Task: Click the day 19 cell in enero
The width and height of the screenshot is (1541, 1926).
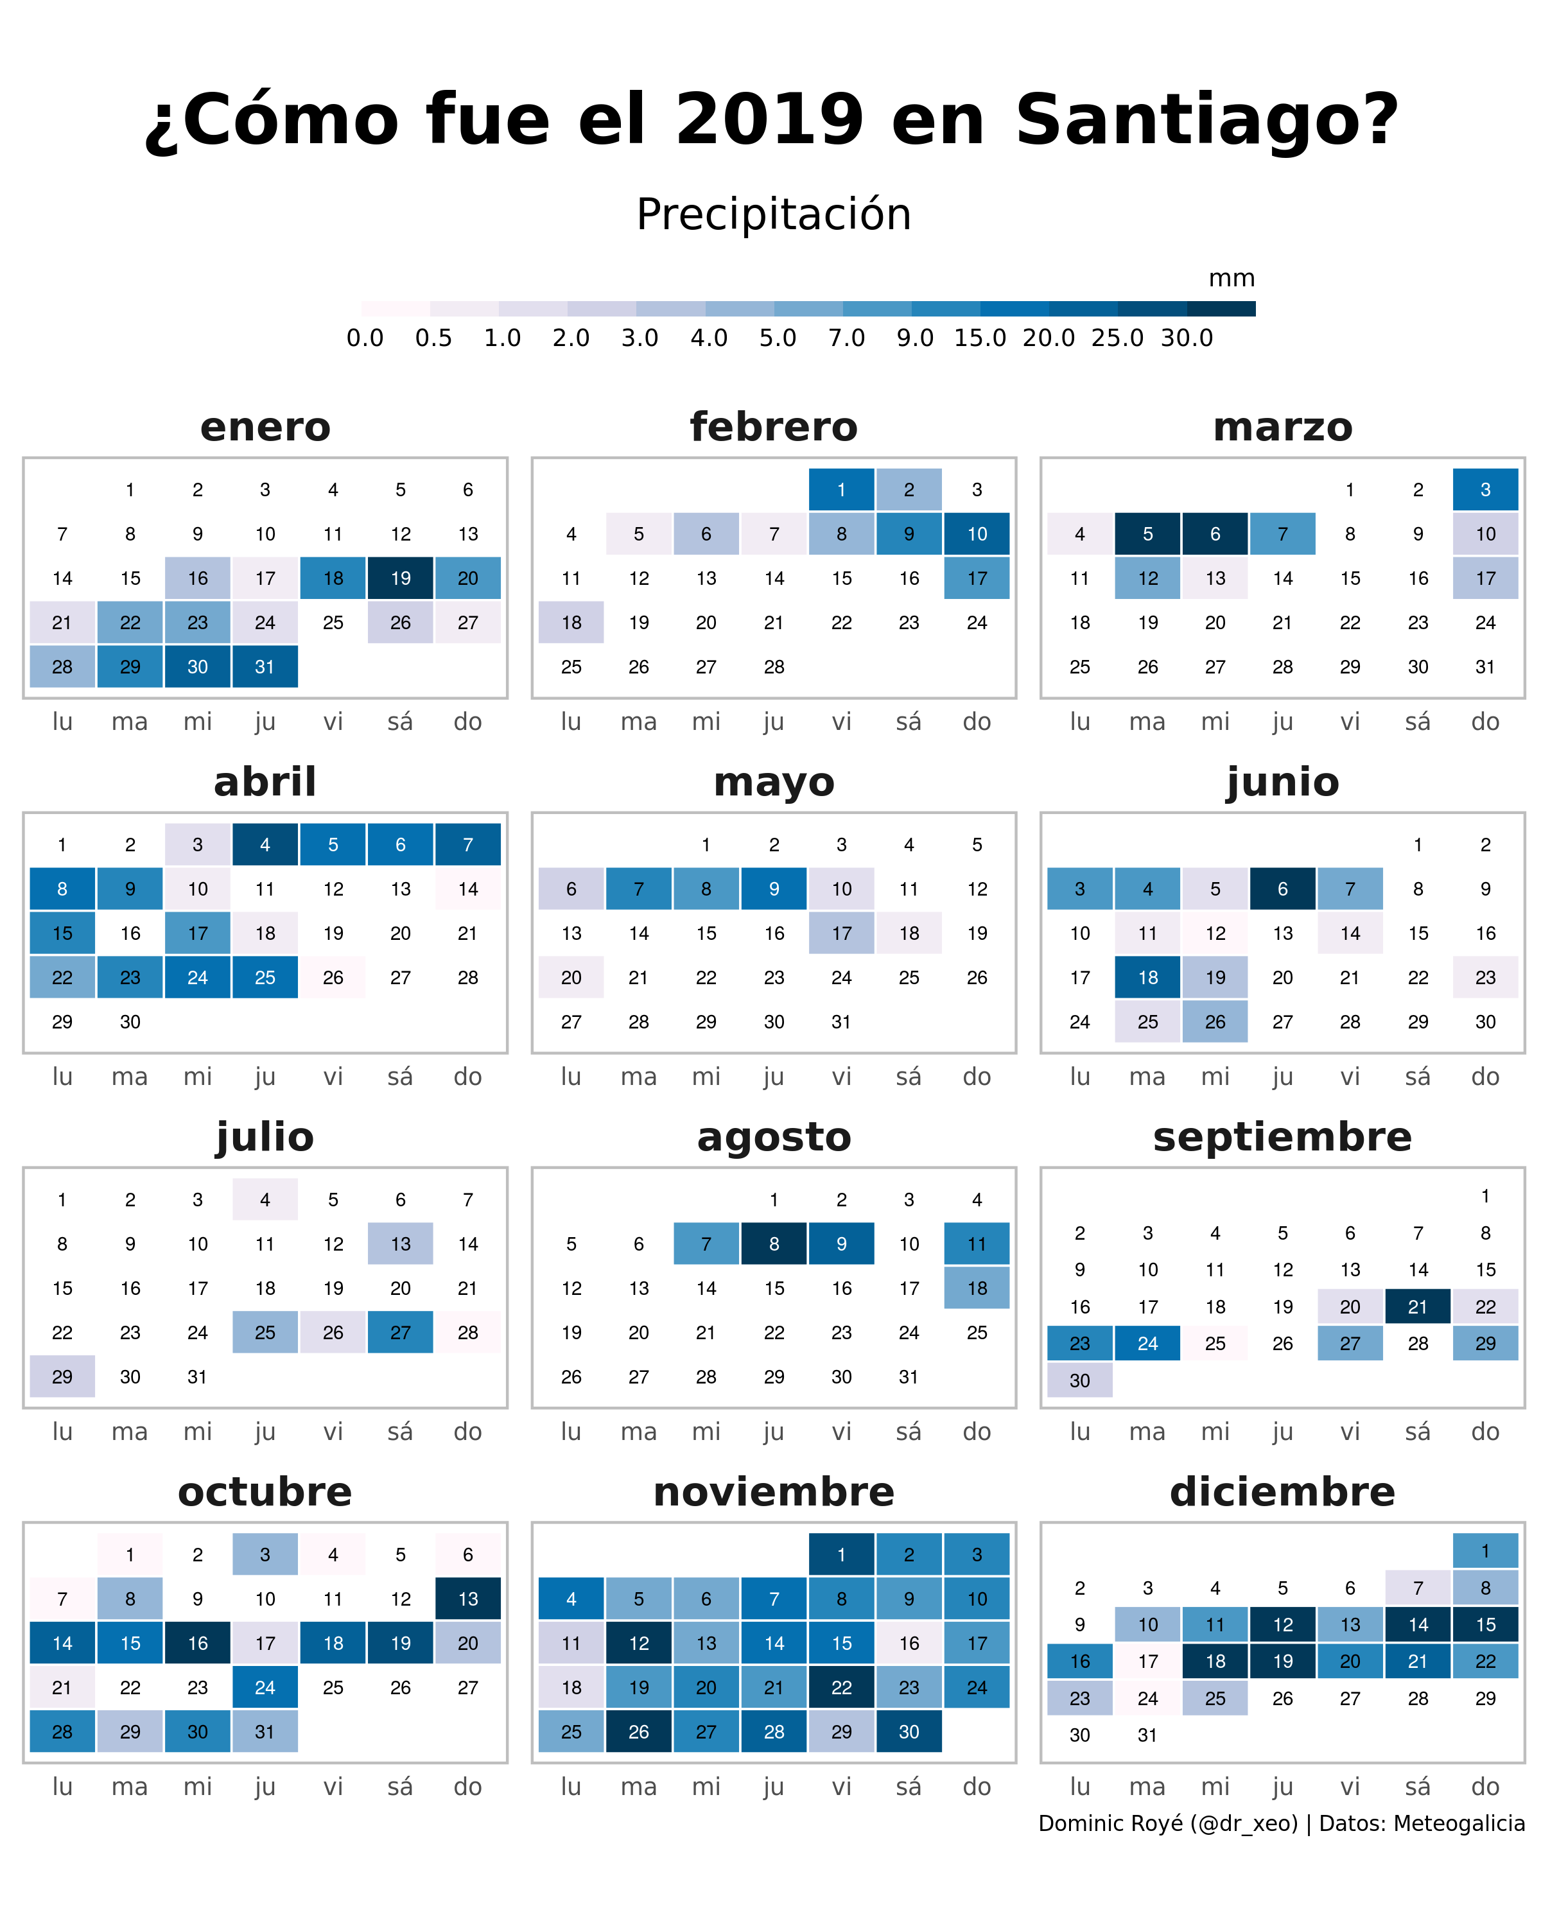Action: [400, 578]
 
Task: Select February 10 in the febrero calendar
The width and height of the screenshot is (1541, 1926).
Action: [977, 534]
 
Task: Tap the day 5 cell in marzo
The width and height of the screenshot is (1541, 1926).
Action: [1147, 534]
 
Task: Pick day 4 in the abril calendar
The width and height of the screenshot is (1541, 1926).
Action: [265, 844]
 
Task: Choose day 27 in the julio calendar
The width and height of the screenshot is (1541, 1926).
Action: [400, 1332]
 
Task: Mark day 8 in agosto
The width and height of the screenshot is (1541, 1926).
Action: [774, 1244]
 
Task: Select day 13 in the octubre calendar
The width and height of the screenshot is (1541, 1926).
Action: [467, 1598]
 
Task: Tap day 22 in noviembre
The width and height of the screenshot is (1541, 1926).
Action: [840, 1687]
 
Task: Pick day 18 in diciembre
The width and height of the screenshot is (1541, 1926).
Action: [1215, 1661]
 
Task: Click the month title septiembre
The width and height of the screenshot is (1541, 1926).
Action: [1282, 1137]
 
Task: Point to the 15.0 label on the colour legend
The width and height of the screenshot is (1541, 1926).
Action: [979, 338]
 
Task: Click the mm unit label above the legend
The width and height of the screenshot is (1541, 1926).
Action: [1231, 279]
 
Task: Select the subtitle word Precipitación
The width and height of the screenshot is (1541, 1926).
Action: [774, 214]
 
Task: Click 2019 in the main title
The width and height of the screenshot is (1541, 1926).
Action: [769, 119]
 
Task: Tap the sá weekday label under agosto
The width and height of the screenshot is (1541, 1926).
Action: [909, 1431]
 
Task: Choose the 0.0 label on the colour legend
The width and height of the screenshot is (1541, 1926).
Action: [365, 338]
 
